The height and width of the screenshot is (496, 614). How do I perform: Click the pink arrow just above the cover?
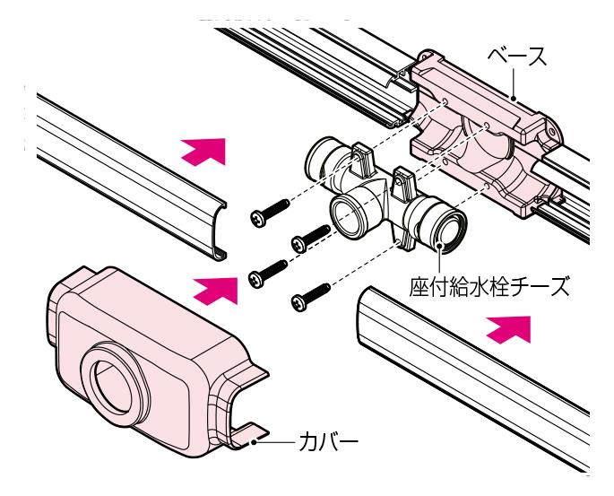(216, 288)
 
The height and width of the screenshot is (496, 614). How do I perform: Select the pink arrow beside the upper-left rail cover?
(203, 150)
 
